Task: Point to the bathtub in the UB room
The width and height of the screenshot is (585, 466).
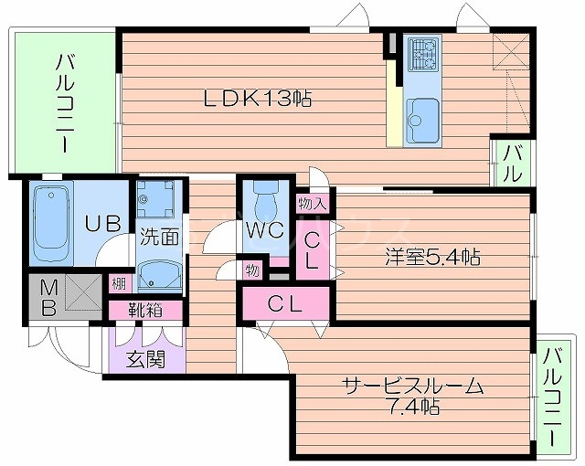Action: (x=50, y=222)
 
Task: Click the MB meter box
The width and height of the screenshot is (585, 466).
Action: (x=57, y=297)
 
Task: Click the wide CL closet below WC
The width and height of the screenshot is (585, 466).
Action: (x=284, y=303)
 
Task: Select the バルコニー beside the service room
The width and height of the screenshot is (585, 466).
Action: (x=551, y=393)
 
